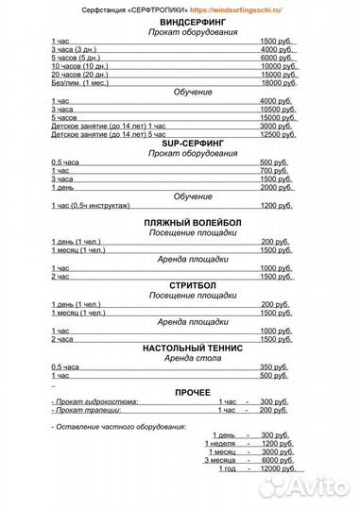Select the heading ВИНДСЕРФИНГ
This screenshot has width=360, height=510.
[x=180, y=21]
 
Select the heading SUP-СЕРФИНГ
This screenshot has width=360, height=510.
[x=180, y=144]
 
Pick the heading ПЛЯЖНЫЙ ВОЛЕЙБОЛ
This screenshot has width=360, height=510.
[x=180, y=222]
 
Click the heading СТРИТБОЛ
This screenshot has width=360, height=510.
[x=180, y=286]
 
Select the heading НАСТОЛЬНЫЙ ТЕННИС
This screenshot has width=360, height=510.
[x=180, y=348]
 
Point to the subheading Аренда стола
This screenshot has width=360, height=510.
[x=180, y=358]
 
